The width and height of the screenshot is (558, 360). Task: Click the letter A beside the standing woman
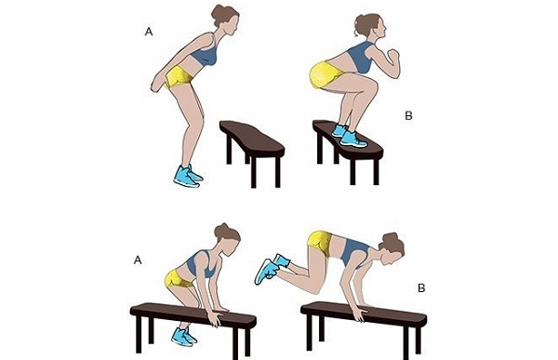point(149,32)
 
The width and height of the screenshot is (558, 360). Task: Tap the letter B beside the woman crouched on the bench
point(408,115)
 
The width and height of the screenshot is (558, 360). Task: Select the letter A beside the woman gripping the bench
point(138,260)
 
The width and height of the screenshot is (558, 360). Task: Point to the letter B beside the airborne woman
point(421,287)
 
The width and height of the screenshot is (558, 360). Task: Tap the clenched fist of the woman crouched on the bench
point(392,56)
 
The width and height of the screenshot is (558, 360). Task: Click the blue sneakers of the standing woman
point(188,176)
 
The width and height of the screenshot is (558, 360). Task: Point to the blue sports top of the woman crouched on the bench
point(361,58)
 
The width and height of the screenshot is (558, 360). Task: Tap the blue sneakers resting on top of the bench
point(349,136)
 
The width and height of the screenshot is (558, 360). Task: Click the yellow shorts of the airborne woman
point(321,243)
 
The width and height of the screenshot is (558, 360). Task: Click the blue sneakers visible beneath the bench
point(184,337)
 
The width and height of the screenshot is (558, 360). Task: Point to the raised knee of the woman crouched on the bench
point(370,86)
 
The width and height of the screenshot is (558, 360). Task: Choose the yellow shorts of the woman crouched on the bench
point(324,75)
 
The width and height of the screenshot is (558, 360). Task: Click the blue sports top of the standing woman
point(205,53)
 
